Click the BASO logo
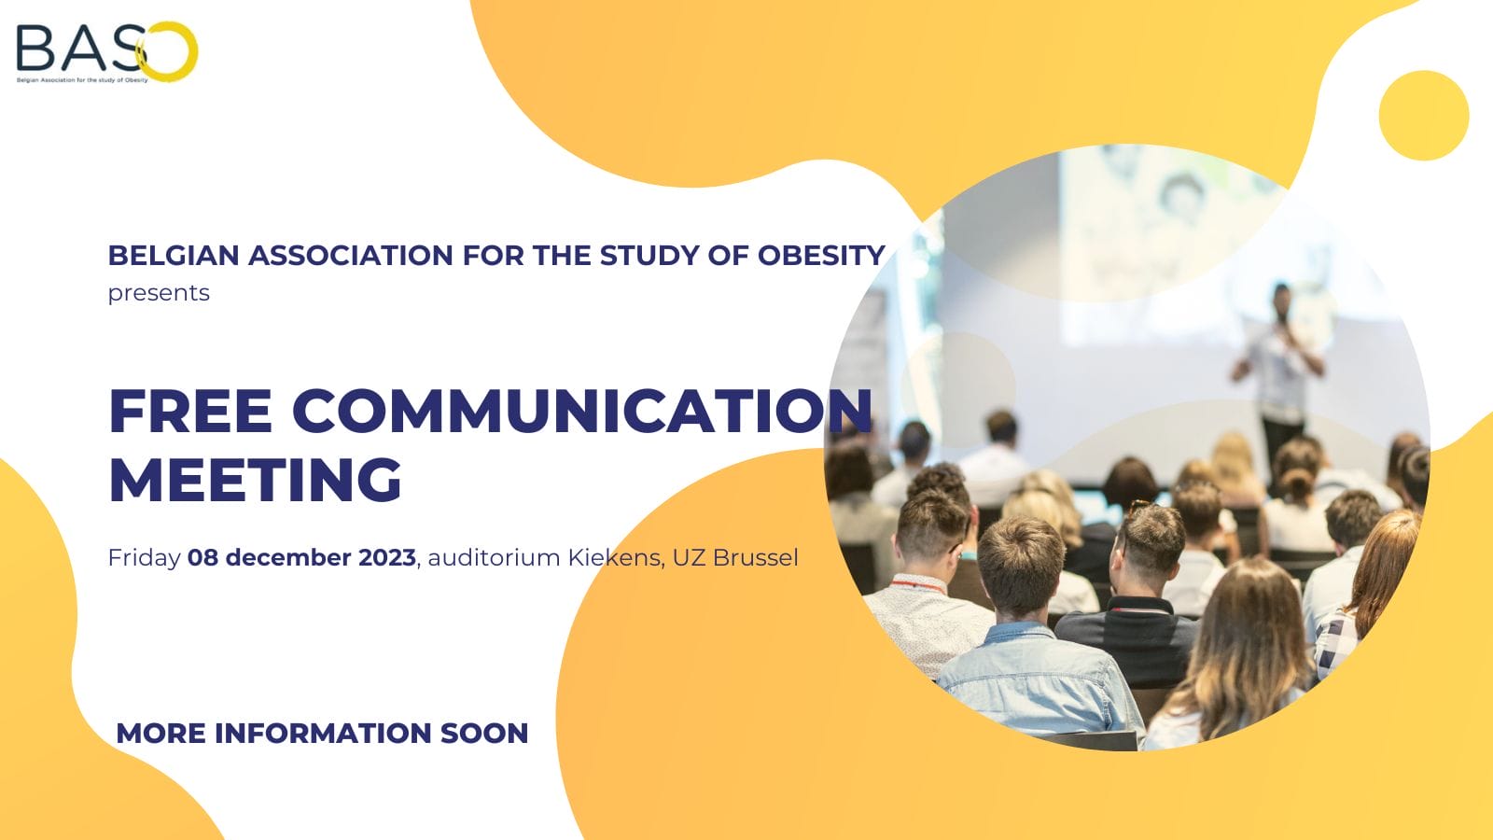105,52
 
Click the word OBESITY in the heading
820,255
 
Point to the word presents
159,293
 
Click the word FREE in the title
190,411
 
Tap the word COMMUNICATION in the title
582,411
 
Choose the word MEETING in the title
255,480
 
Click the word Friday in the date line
144,558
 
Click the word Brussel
755,558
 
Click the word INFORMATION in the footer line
322,734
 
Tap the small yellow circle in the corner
1423,116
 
